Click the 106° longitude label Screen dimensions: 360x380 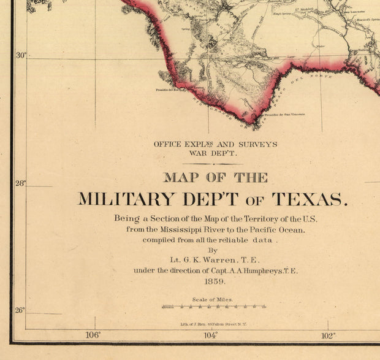(93, 335)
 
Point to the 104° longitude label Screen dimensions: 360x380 (210, 335)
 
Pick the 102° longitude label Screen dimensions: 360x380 (327, 335)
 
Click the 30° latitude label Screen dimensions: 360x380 (21, 56)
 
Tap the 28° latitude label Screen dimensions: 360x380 (21, 183)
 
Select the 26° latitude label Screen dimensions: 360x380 (21, 310)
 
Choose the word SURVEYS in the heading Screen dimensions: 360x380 (256, 145)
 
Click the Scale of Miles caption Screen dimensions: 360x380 (213, 299)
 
